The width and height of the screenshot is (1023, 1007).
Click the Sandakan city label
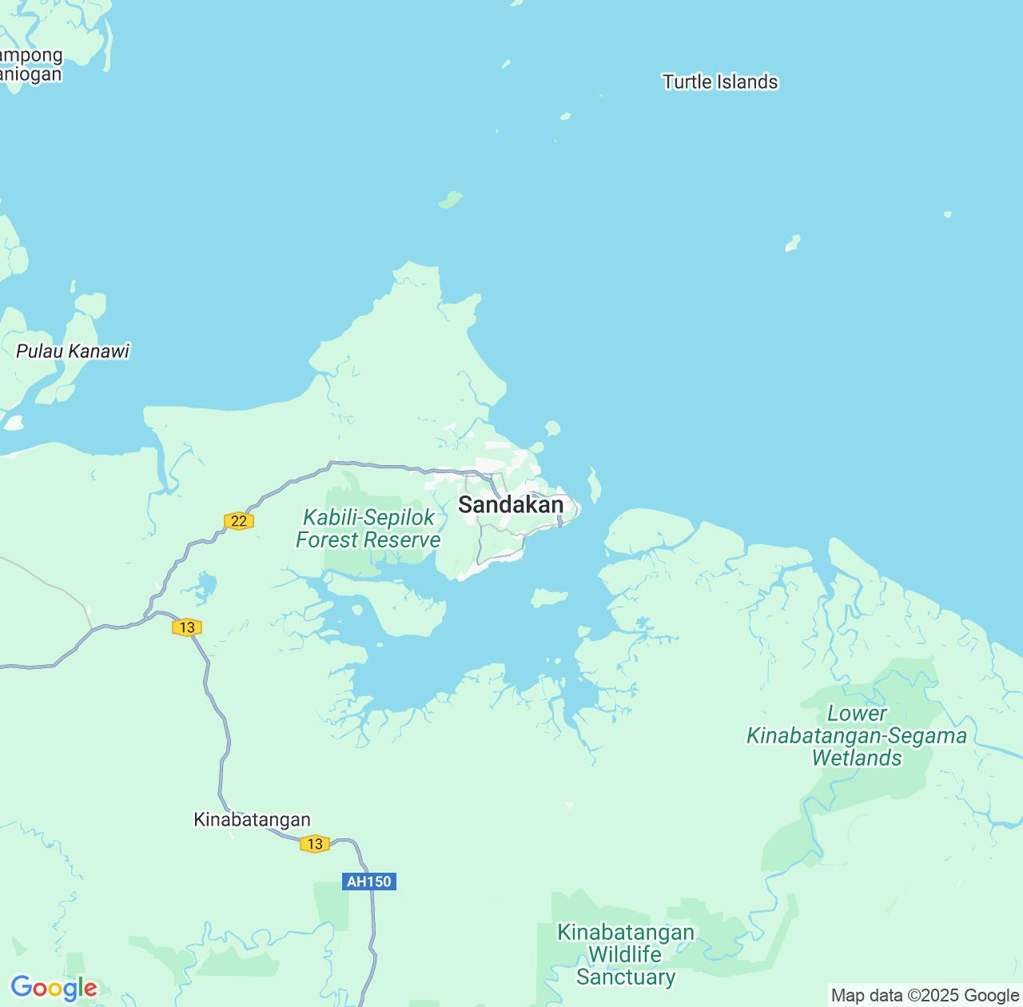pos(511,505)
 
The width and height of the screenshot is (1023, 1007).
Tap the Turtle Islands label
pos(720,82)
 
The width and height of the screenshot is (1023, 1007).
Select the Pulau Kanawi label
pos(73,351)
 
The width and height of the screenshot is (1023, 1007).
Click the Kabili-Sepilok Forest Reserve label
pos(368,528)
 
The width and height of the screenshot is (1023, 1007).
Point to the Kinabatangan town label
pos(252,819)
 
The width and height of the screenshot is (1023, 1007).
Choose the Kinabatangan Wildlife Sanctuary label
pos(626,954)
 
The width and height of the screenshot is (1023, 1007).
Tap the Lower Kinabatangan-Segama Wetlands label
pos(857,735)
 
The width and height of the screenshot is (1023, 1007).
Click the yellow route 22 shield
pos(238,521)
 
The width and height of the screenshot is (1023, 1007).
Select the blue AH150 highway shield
pos(369,882)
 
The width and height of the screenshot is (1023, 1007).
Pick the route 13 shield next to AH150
pos(315,844)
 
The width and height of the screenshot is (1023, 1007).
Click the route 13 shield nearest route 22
pos(187,627)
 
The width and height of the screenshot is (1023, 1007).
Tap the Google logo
pos(54,988)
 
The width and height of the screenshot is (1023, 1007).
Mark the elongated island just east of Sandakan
pos(594,484)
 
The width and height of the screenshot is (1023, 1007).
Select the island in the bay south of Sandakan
pos(549,597)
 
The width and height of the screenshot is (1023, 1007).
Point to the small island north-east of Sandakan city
pos(551,428)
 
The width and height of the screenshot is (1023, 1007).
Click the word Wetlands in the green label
pos(857,758)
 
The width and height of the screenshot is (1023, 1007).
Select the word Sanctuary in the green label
pos(626,977)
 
